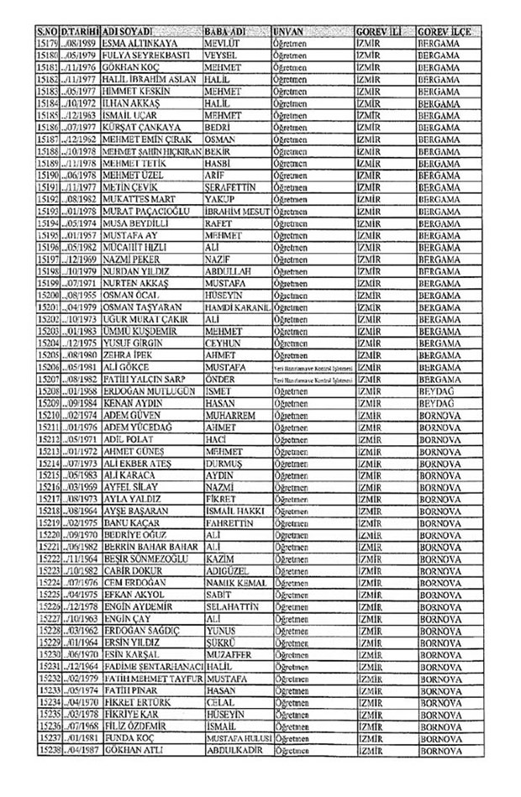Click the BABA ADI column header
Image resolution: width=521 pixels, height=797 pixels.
pyautogui.click(x=224, y=29)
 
